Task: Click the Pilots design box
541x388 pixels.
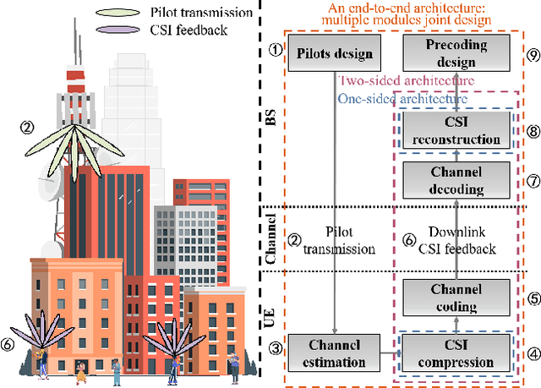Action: pyautogui.click(x=336, y=53)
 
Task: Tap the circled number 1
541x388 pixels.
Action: pyautogui.click(x=274, y=50)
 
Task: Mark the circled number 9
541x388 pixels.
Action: pyautogui.click(x=532, y=53)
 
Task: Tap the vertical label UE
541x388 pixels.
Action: pyautogui.click(x=270, y=319)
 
